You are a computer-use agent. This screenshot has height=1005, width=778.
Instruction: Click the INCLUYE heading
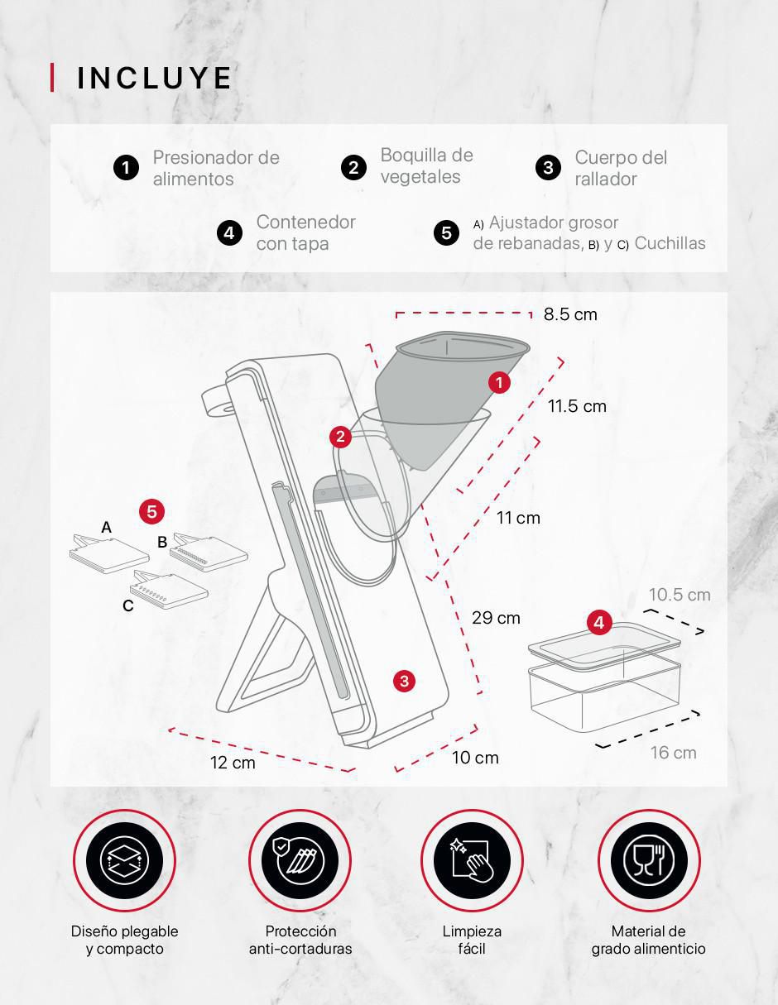pos(154,78)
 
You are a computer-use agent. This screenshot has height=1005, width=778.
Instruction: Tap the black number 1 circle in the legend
pos(127,168)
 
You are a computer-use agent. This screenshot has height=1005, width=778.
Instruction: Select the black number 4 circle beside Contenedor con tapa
pos(229,232)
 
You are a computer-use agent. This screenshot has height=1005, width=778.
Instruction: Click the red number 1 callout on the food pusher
pos(500,382)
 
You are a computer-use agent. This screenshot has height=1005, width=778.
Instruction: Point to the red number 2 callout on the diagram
pos(340,437)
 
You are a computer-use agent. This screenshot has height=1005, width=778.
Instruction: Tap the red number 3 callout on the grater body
pos(404,681)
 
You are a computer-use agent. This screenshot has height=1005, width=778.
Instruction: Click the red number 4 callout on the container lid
pos(599,623)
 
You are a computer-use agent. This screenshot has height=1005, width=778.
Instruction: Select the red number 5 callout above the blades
pos(151,512)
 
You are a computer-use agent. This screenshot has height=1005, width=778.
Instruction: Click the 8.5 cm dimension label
pos(570,314)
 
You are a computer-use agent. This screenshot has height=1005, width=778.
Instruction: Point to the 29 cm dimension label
pos(496,618)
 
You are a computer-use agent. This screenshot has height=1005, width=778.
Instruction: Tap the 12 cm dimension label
pos(233,763)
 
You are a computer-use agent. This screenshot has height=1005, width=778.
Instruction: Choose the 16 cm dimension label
pos(674,753)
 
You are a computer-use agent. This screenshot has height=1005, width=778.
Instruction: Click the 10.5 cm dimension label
pos(680,595)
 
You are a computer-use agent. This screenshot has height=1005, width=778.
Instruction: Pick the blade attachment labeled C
pos(169,589)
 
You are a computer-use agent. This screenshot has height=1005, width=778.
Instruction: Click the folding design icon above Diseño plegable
pos(124,861)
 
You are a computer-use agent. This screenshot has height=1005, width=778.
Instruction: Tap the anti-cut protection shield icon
pos(300,861)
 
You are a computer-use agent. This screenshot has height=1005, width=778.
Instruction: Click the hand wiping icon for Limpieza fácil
pos(472,861)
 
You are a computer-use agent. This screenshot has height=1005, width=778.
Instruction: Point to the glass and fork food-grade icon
pos(649,861)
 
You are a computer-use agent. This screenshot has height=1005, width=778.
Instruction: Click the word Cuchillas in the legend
pos(670,243)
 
